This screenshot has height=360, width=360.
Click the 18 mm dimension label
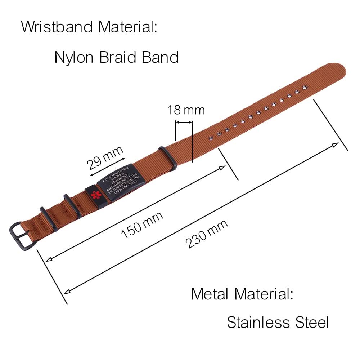tap(185, 110)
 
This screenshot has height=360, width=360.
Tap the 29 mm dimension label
tap(105, 158)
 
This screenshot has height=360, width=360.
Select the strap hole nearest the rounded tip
tap(305, 87)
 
